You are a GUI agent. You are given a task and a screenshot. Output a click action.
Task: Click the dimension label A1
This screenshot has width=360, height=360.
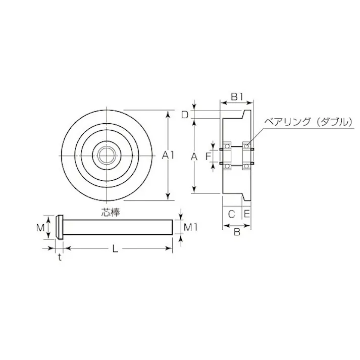coord(168,157)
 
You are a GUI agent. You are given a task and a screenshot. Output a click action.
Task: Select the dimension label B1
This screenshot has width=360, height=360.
coord(237,96)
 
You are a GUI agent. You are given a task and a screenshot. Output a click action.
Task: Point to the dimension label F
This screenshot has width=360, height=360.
coord(207,157)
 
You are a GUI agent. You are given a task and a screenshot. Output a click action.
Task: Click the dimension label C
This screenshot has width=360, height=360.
coord(231,214)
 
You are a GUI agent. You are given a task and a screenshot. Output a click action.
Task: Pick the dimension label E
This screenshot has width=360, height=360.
coord(247,214)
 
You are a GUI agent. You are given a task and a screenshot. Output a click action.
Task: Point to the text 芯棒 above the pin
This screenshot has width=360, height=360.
coord(110,212)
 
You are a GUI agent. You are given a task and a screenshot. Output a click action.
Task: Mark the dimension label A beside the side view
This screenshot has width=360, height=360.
coord(193,157)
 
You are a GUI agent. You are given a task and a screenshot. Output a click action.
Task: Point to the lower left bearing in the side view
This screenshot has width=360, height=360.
coord(227,165)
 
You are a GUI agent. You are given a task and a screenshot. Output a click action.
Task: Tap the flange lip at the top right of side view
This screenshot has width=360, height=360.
coord(248,115)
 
